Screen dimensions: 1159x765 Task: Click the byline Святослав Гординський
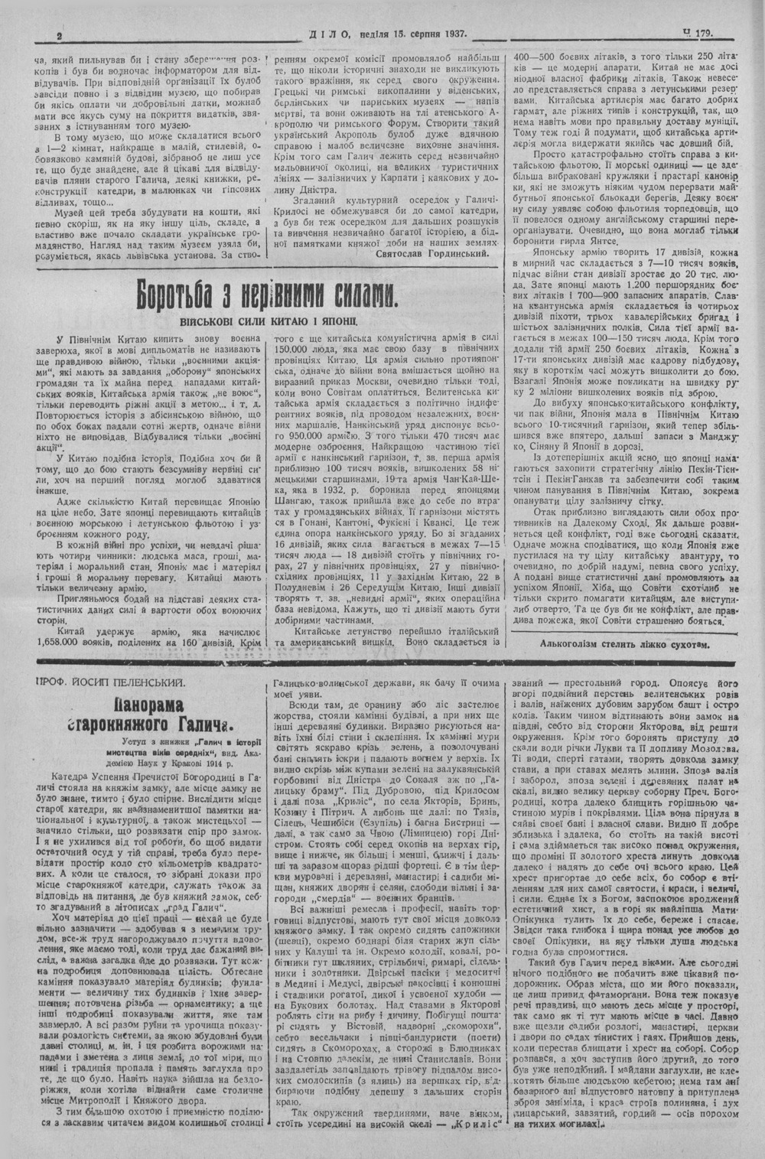click(x=432, y=252)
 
